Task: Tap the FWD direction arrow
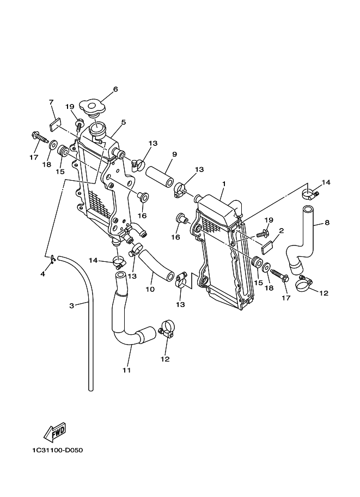click(x=54, y=432)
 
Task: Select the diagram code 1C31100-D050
click(x=57, y=450)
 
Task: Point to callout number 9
click(x=174, y=155)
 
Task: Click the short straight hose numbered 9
click(x=159, y=177)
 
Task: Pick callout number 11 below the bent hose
click(x=126, y=370)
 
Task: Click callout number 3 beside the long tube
click(x=72, y=306)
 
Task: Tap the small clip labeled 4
click(x=53, y=259)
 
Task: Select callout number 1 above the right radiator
click(x=224, y=183)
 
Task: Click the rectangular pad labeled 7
click(x=55, y=124)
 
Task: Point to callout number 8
click(x=327, y=223)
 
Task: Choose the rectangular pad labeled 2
click(x=267, y=248)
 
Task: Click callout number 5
click(x=124, y=122)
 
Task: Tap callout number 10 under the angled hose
click(x=150, y=289)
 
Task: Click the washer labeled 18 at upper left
click(x=53, y=145)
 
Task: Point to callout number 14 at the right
click(x=326, y=182)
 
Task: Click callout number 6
click(x=115, y=89)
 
